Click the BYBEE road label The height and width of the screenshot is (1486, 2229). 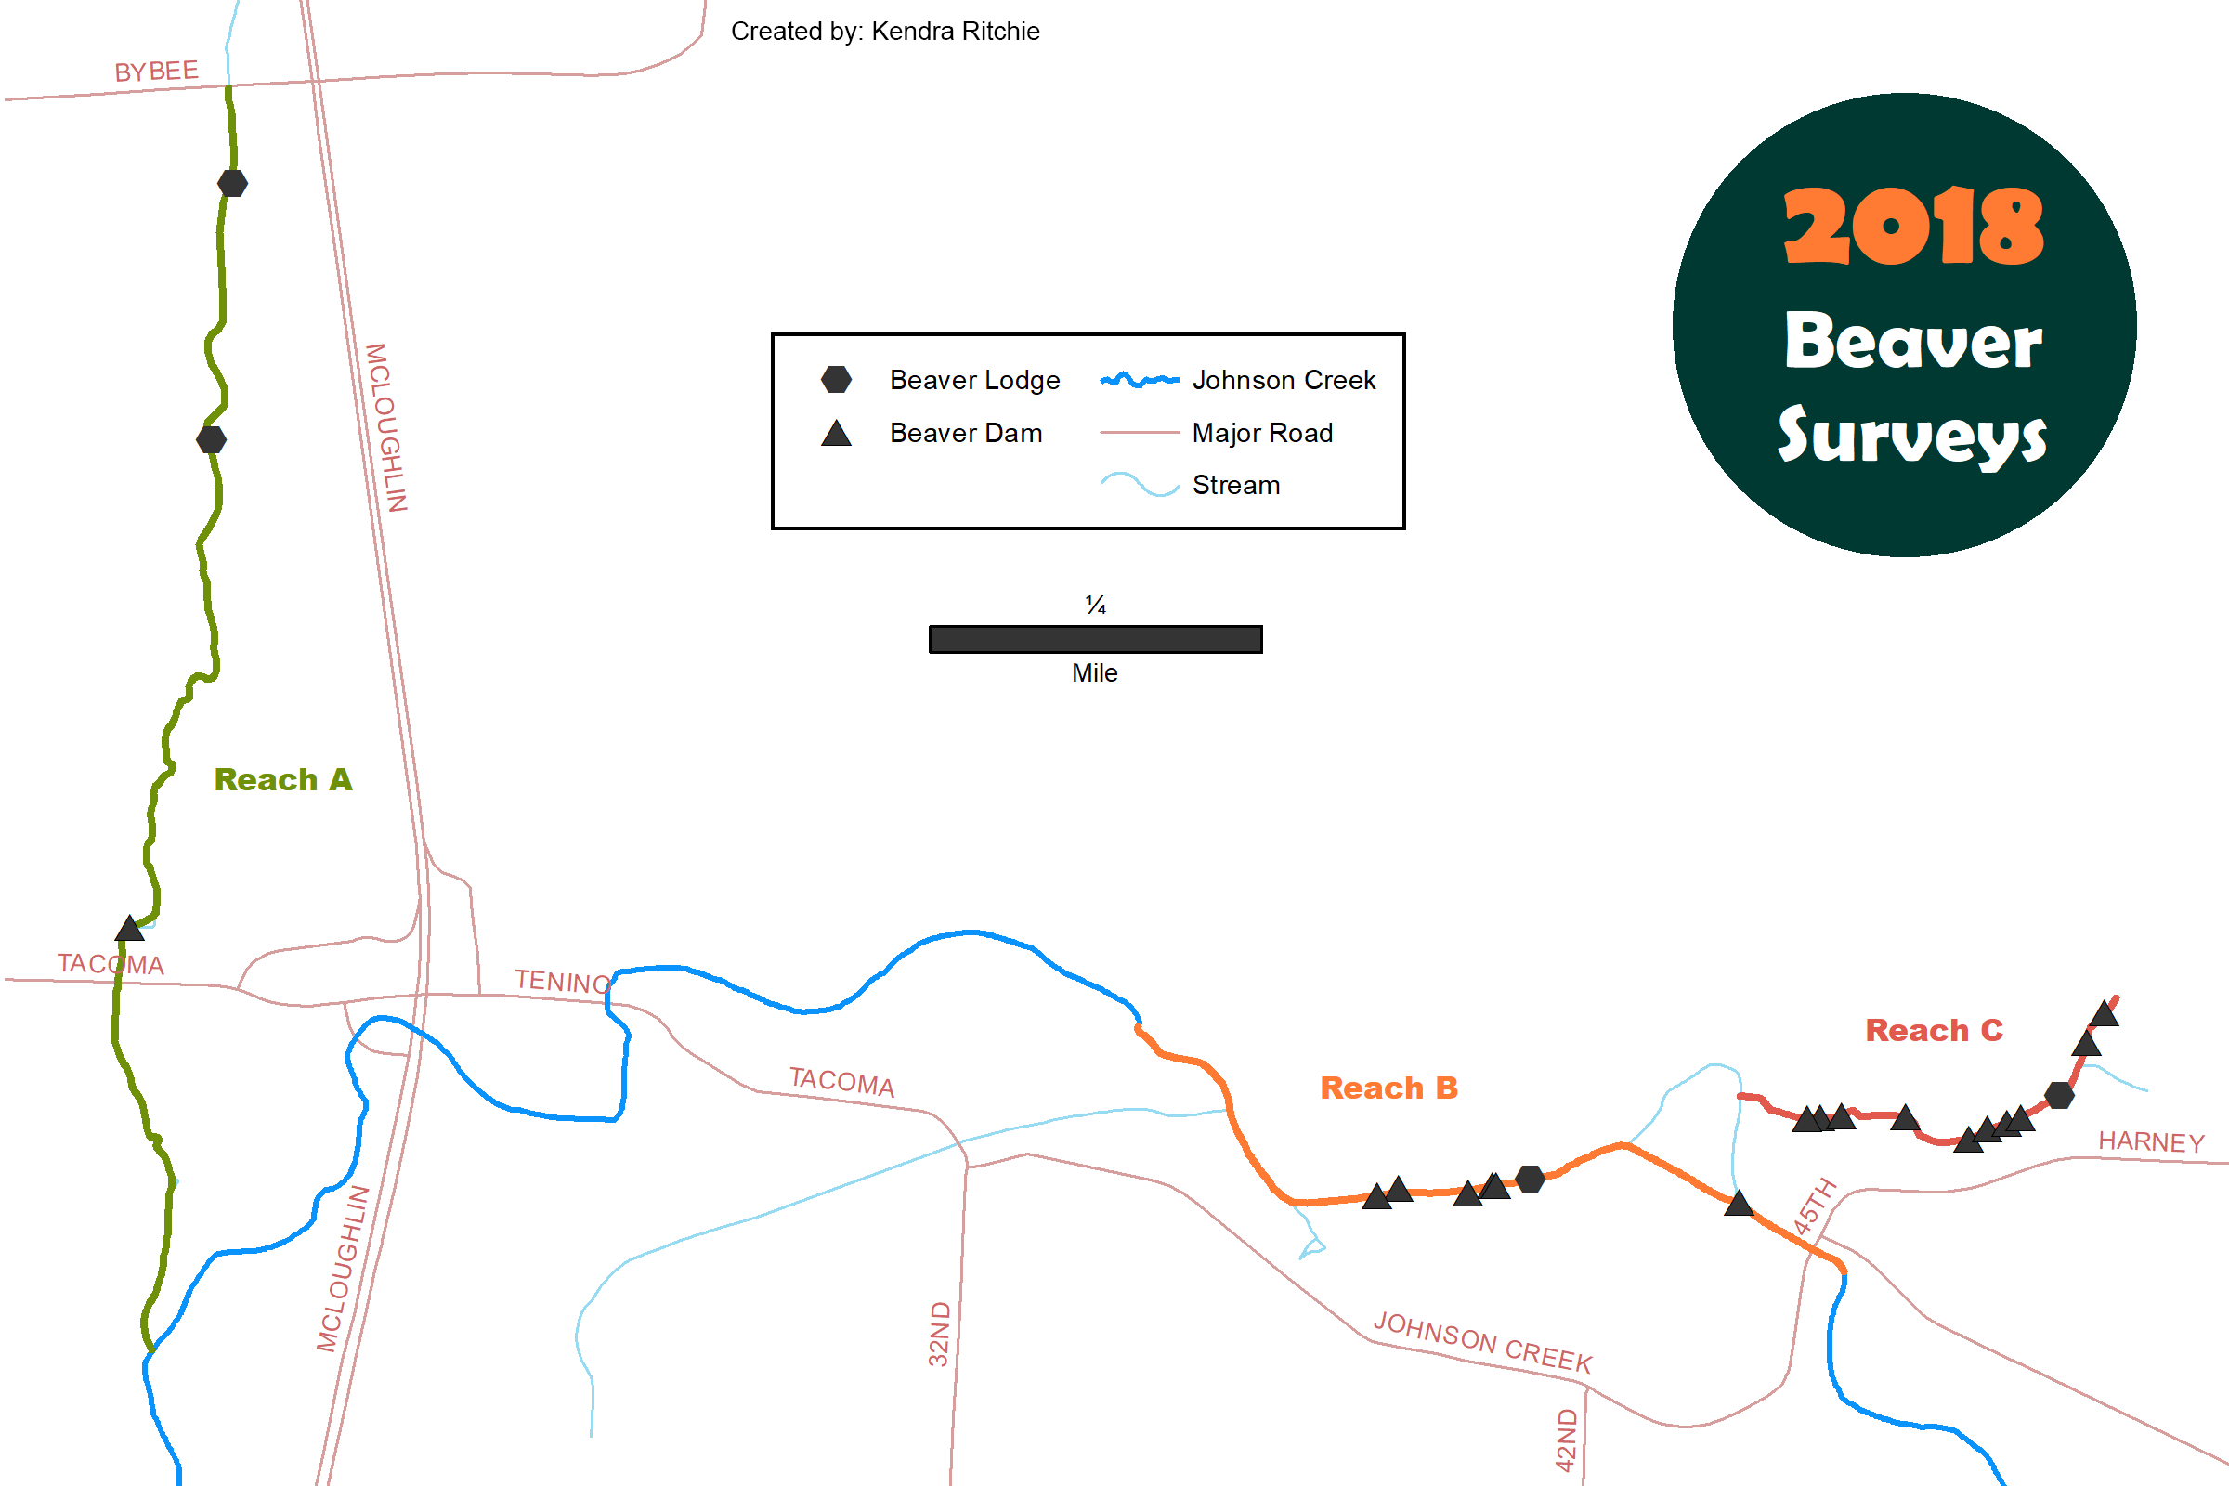tap(156, 72)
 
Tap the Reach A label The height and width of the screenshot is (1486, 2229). tap(283, 779)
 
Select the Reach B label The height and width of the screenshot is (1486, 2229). tap(1389, 1088)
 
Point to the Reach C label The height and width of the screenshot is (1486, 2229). tap(1935, 1030)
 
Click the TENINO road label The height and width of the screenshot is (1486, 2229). tap(563, 982)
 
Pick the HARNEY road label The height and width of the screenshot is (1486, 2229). tap(2151, 1142)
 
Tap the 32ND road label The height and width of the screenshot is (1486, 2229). tap(939, 1335)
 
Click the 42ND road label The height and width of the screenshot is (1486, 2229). tap(1568, 1440)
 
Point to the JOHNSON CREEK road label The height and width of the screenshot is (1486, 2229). tap(1483, 1342)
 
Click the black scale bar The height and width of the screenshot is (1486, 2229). tap(1096, 640)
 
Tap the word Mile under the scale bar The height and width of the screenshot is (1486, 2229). tap(1095, 672)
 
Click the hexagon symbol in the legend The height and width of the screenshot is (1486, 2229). tap(836, 379)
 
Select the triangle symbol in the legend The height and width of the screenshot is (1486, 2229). tap(836, 433)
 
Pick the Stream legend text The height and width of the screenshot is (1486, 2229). tap(1236, 485)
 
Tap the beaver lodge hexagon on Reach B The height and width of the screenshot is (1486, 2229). tap(1531, 1179)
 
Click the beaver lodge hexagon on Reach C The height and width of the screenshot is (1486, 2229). tap(2059, 1096)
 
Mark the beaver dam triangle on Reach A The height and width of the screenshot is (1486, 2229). tap(130, 928)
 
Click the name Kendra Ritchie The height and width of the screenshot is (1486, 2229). tap(956, 32)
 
